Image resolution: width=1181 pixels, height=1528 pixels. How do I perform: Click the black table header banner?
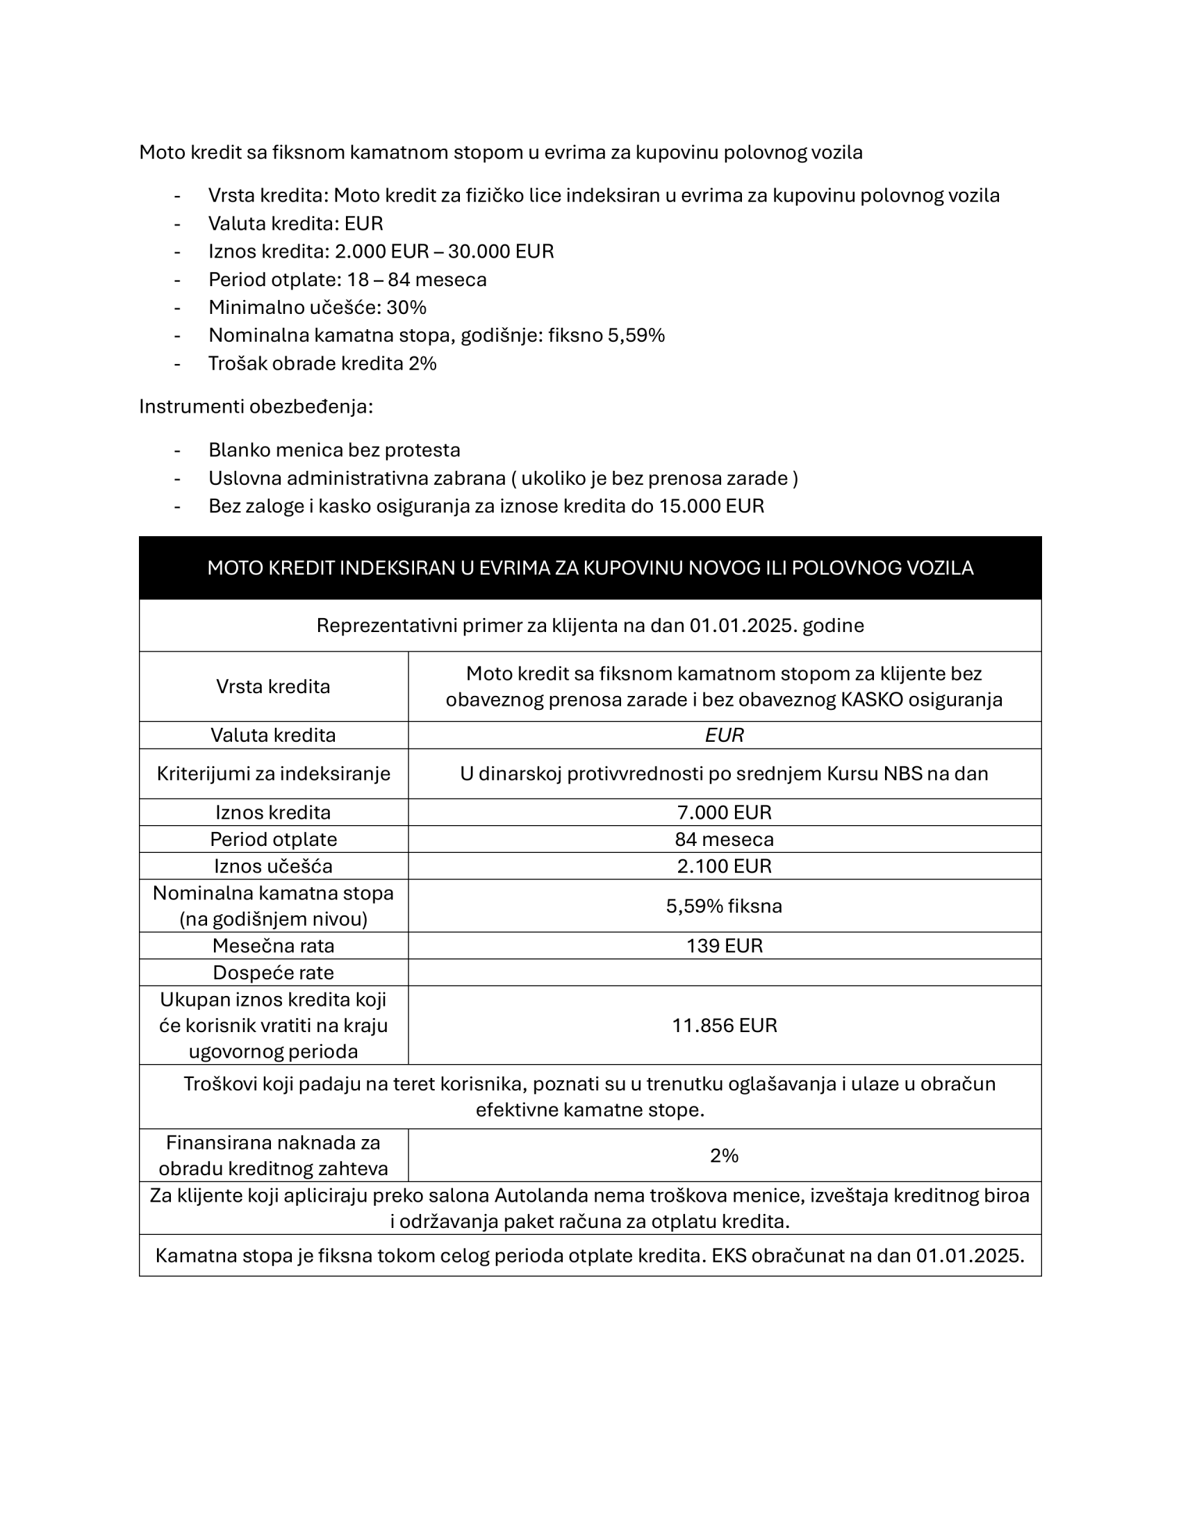point(590,567)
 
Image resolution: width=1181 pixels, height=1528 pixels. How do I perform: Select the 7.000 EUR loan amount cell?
point(724,813)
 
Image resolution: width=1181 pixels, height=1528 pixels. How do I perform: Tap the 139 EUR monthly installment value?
point(724,946)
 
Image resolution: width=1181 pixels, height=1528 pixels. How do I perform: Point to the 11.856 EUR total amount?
point(724,1026)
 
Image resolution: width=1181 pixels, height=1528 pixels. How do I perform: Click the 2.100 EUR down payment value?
point(724,866)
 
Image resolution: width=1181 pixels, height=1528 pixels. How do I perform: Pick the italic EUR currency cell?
point(724,736)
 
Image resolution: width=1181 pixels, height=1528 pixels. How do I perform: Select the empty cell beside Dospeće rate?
point(724,972)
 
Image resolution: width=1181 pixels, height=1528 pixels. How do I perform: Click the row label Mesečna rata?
point(273,946)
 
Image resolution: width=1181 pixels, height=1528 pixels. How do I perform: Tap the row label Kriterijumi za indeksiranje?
point(273,774)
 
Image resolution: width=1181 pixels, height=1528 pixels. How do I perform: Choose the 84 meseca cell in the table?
point(724,840)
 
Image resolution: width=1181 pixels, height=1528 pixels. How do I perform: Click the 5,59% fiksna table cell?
point(724,906)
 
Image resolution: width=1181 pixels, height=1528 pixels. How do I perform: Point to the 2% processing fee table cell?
point(724,1156)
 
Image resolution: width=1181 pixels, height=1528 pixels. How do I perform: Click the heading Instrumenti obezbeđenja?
point(256,406)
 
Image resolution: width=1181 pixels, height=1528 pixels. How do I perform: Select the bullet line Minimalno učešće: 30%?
point(317,307)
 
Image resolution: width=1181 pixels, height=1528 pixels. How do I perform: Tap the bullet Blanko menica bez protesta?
point(333,450)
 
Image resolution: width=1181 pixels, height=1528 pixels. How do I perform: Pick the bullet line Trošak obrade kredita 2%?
point(322,364)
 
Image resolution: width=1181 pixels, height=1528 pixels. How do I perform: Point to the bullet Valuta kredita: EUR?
point(295,224)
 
